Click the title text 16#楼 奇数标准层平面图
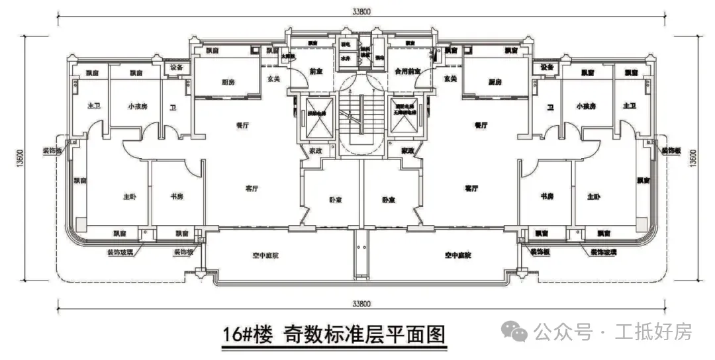[333, 334]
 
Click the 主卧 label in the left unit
[129, 197]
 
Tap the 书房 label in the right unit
[547, 197]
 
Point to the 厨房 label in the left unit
[228, 82]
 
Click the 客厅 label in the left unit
[252, 189]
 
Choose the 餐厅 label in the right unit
[481, 124]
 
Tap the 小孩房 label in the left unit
[136, 107]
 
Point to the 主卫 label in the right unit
[629, 107]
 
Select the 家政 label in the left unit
[313, 152]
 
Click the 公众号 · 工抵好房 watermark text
[612, 331]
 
